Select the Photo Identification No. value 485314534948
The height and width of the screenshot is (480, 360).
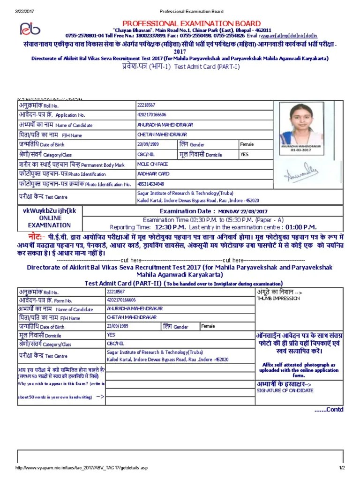tap(150, 184)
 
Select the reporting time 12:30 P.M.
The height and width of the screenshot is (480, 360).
tap(171, 227)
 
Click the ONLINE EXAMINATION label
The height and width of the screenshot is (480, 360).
tap(50, 222)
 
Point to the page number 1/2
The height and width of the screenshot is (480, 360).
tap(342, 468)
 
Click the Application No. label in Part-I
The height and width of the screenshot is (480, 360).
tap(70, 115)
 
